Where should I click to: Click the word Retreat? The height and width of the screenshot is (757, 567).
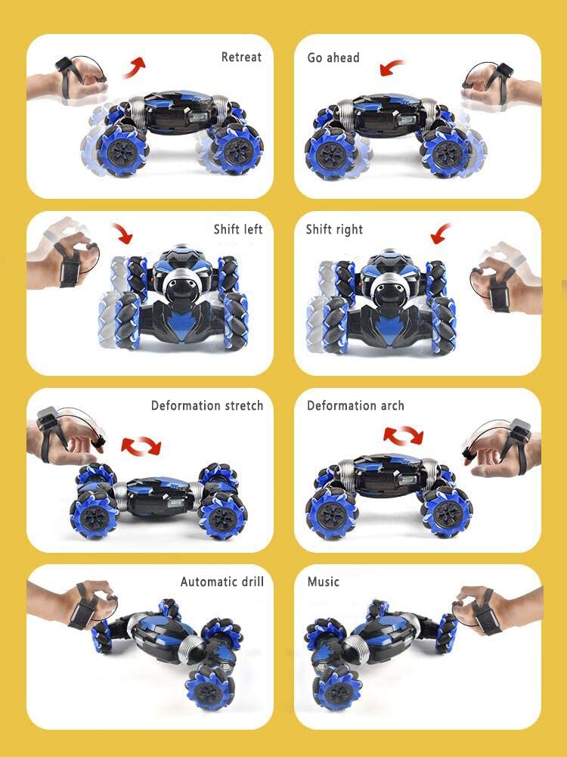coord(241,57)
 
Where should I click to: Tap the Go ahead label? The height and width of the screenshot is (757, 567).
coord(333,57)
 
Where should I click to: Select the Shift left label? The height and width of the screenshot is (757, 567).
coord(238,229)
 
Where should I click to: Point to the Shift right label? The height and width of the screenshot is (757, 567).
coord(334,229)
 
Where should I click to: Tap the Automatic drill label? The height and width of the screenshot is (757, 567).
coord(222,582)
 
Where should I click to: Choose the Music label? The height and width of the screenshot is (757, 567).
coord(324,582)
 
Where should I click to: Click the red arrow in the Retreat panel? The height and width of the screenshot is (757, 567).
coord(133,67)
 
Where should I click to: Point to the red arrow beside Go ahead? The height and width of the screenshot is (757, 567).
coord(392,67)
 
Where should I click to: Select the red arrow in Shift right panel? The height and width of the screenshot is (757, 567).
coord(440,233)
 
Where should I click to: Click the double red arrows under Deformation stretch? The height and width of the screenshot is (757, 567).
coord(141,446)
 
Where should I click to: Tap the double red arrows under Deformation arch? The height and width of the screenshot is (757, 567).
coord(404,435)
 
